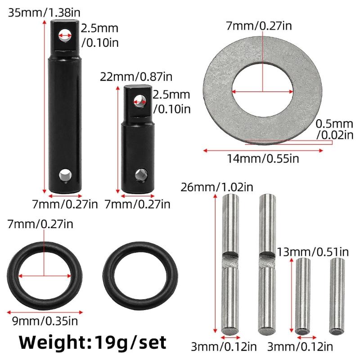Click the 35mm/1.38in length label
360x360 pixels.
click(42, 13)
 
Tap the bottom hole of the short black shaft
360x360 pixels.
click(139, 173)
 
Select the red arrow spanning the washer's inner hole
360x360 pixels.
click(263, 92)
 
